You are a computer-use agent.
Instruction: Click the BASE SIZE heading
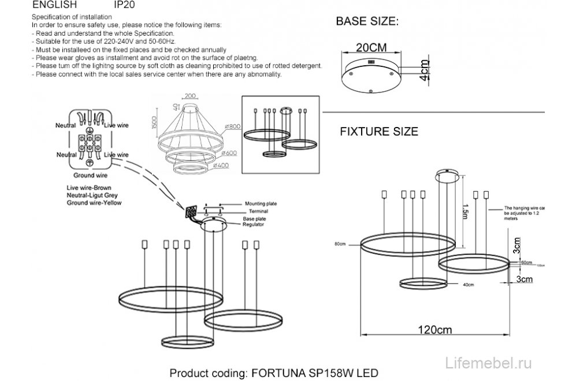coord(367,23)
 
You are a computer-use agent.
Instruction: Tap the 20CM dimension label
coord(370,47)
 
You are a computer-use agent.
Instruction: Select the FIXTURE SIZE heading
coord(378,132)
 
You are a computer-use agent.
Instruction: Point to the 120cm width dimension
coord(435,330)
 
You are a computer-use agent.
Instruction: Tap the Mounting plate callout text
coord(261,204)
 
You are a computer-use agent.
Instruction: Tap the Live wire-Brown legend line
coord(89,188)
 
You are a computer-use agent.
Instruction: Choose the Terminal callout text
coord(254,212)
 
